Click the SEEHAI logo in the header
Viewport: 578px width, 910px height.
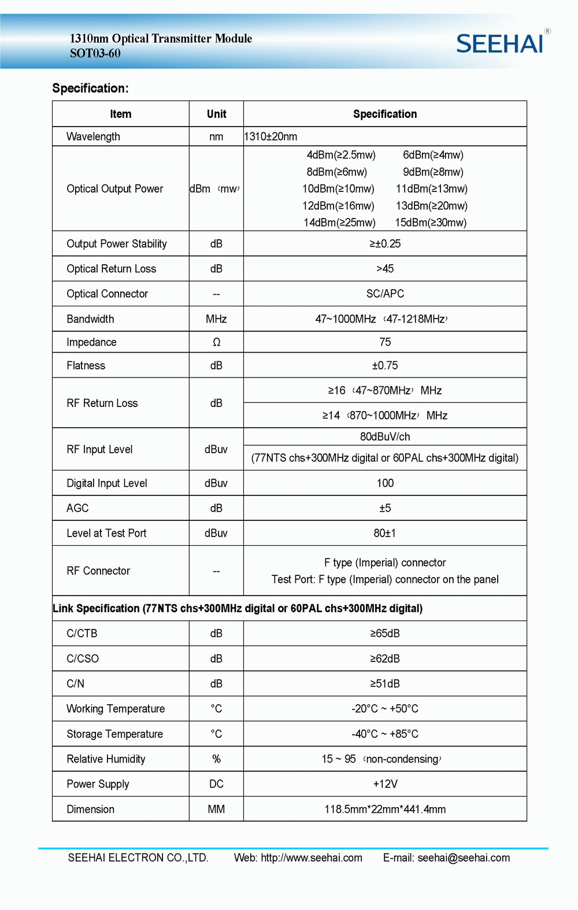pos(501,43)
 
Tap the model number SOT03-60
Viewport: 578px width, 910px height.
pos(95,54)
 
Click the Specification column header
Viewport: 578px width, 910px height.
pos(385,114)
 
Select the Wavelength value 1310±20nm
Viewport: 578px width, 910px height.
pos(271,136)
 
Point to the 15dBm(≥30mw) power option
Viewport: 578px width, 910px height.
pos(431,223)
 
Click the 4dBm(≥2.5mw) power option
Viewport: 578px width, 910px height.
pos(341,155)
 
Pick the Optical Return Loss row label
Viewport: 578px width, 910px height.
pos(111,269)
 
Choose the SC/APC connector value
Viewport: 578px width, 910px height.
pos(385,294)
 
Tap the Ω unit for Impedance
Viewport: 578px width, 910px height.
pos(216,342)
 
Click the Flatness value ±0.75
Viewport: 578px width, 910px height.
pos(385,365)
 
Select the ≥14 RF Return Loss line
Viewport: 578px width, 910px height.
pos(385,416)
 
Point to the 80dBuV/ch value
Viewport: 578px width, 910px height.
pos(385,436)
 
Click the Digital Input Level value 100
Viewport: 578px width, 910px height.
pos(385,483)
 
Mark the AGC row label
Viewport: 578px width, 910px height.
pos(77,508)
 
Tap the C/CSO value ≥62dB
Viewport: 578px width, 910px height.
pos(385,659)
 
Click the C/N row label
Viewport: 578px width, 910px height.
pos(75,684)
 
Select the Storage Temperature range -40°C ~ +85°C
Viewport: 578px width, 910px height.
pos(385,734)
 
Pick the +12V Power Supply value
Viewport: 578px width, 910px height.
pos(385,784)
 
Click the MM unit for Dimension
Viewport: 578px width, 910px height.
pos(216,809)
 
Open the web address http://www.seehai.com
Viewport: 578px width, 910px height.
pos(312,858)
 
